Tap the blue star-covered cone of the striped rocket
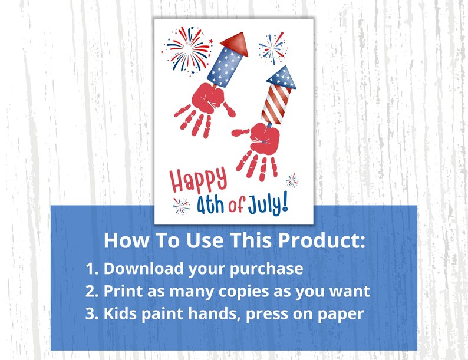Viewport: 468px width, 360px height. (x=281, y=76)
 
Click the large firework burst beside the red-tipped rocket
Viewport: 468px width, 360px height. (x=189, y=49)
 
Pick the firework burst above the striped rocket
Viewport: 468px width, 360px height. (x=272, y=47)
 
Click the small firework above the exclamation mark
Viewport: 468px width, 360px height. (x=291, y=180)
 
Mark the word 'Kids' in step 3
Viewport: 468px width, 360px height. (x=120, y=313)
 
